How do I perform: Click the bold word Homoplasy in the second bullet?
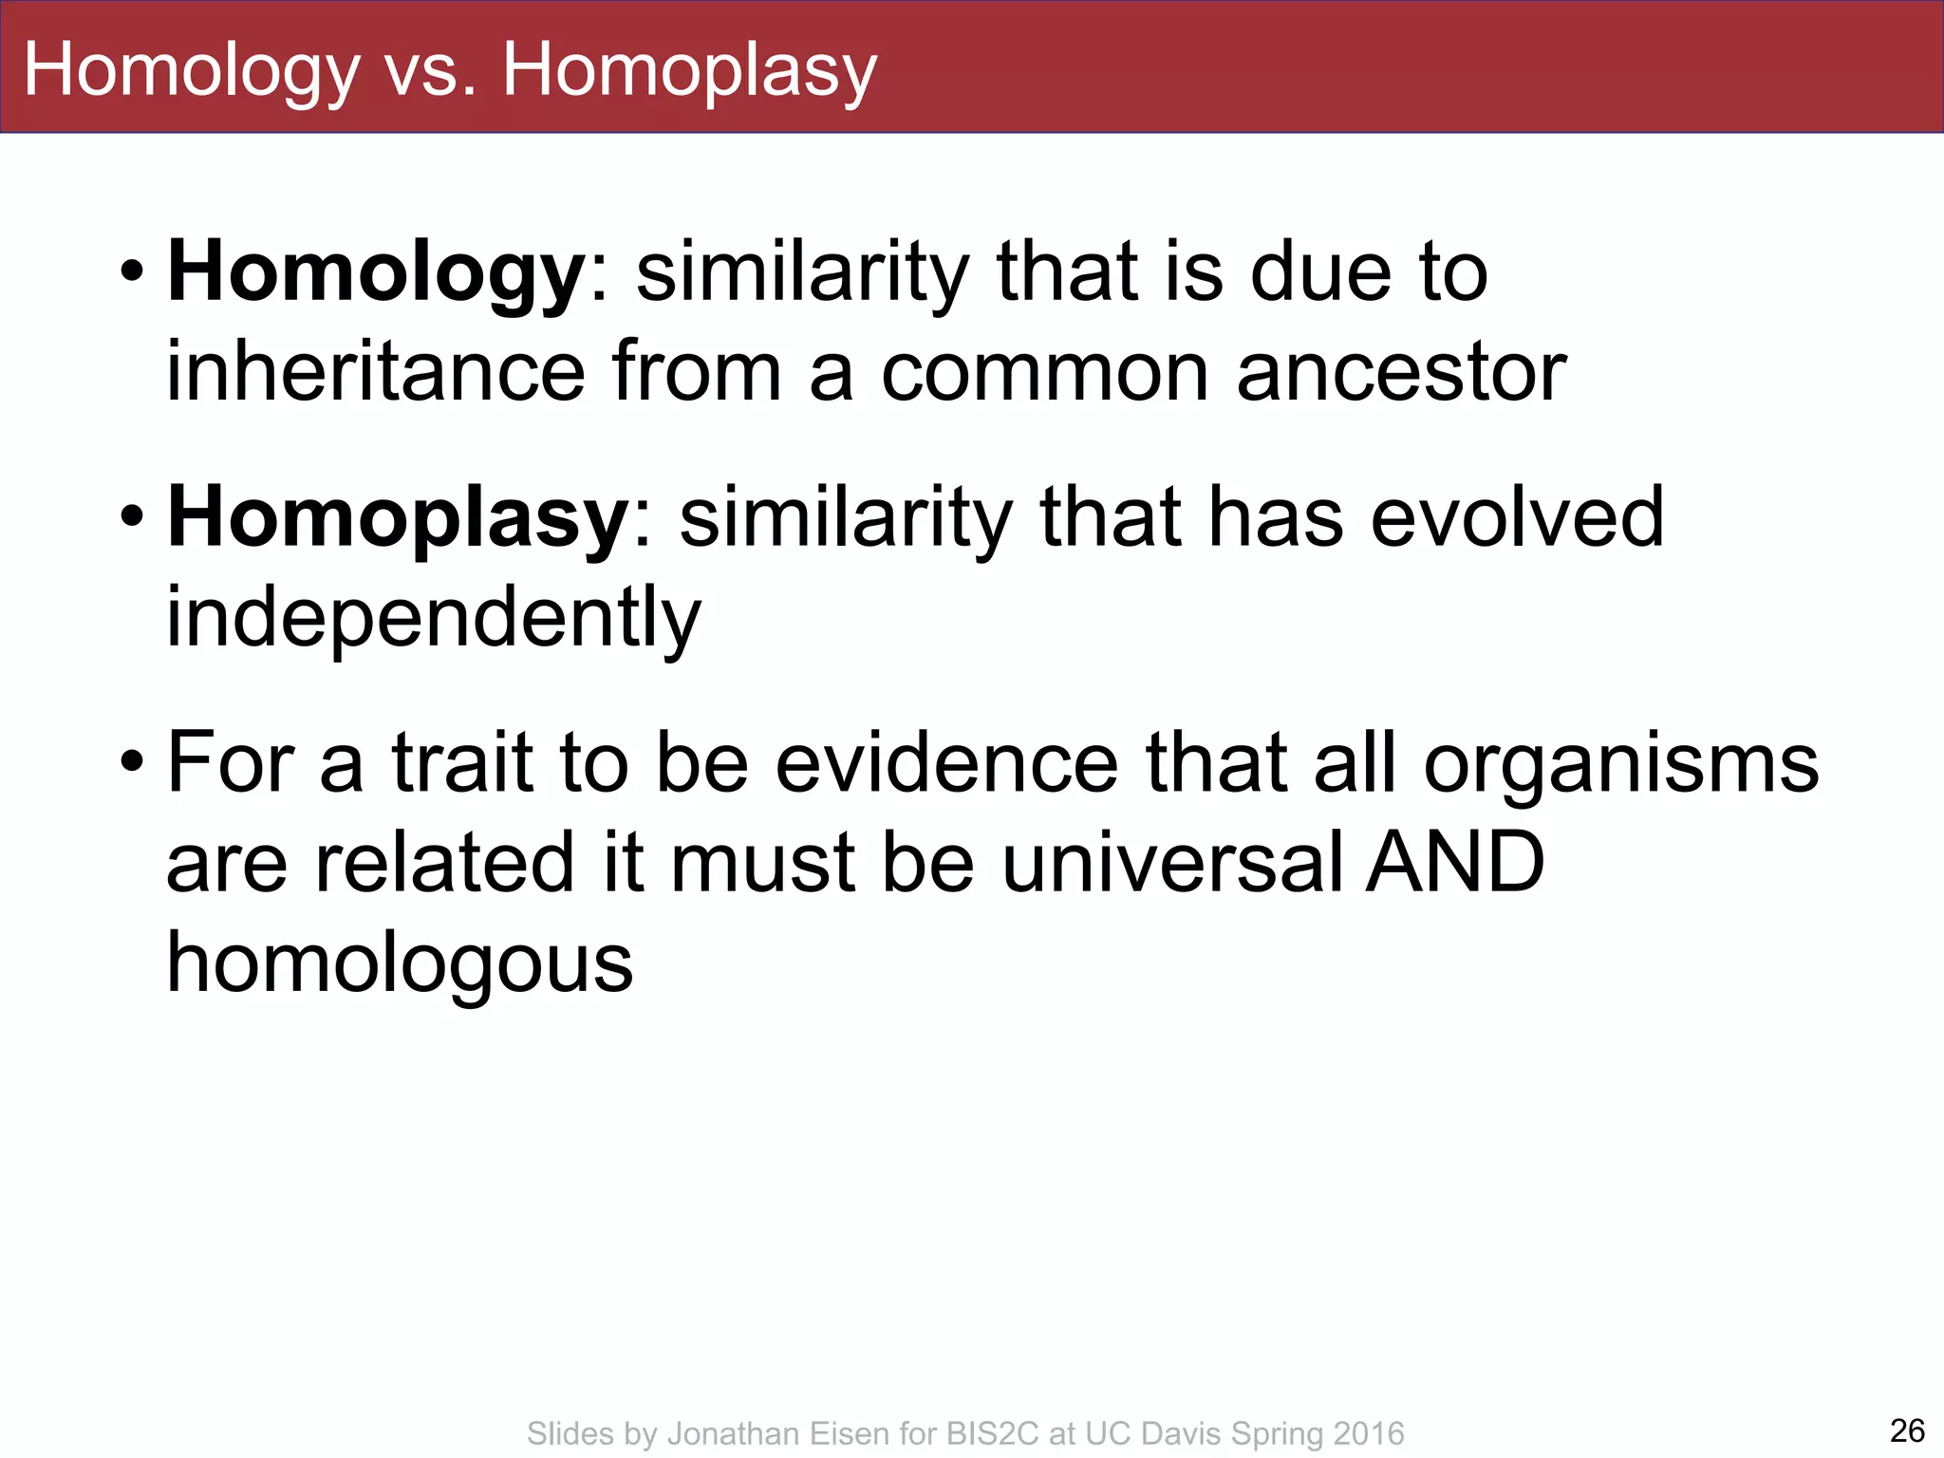pyautogui.click(x=398, y=517)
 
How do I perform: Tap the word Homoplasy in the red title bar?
pyautogui.click(x=689, y=72)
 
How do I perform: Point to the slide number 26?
pyautogui.click(x=1907, y=1430)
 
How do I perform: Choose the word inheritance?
pyautogui.click(x=375, y=372)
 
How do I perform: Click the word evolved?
pyautogui.click(x=1517, y=517)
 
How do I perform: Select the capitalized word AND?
pyautogui.click(x=1454, y=862)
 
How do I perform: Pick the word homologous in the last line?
pyautogui.click(x=400, y=963)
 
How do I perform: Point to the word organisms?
pyautogui.click(x=1621, y=764)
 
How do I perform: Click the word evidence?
pyautogui.click(x=946, y=764)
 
